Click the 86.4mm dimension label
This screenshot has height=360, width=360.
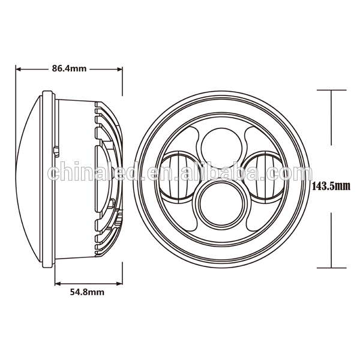(69, 68)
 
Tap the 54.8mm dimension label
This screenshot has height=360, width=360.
(87, 292)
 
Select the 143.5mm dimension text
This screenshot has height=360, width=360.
(331, 186)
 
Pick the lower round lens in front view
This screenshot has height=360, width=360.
(221, 203)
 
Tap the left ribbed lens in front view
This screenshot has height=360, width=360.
(178, 177)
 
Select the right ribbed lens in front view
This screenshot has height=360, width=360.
(265, 177)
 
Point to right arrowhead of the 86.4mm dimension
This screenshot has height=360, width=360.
(119, 69)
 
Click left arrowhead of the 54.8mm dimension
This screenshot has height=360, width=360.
(58, 284)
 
